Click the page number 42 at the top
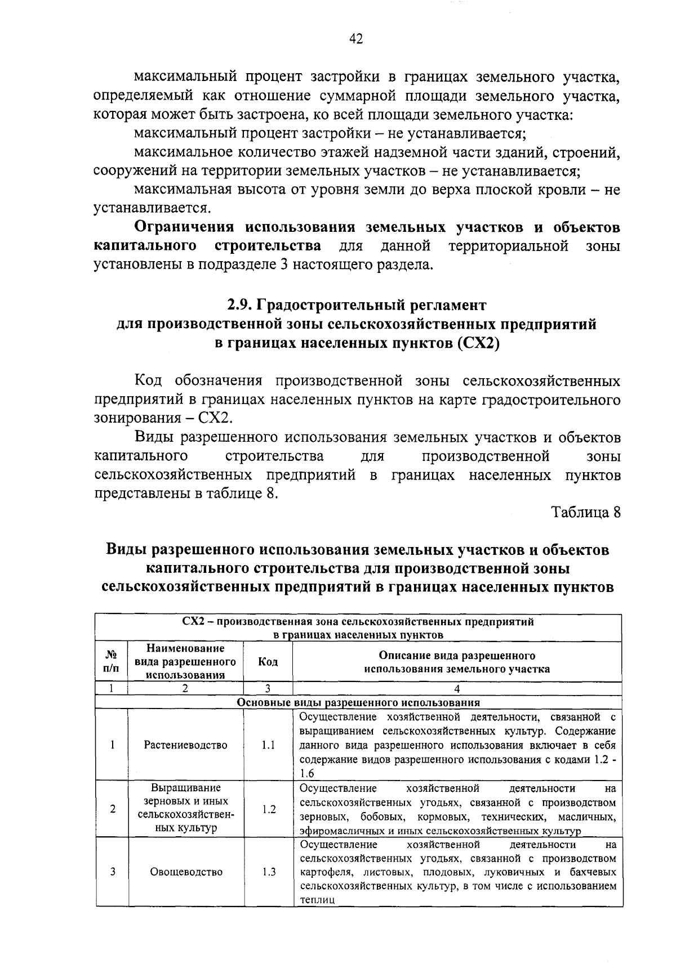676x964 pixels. click(355, 38)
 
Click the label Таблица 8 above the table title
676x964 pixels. click(586, 513)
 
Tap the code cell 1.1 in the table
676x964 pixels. click(268, 745)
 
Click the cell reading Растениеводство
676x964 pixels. click(186, 745)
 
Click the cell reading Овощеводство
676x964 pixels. click(186, 872)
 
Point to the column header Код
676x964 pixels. click(268, 662)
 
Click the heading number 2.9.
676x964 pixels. click(239, 305)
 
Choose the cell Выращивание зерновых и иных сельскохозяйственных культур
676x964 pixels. click(186, 808)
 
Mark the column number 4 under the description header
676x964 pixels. click(457, 688)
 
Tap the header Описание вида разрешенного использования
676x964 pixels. click(457, 662)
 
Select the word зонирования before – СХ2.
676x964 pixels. click(136, 419)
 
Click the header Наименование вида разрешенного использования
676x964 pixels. click(186, 662)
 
